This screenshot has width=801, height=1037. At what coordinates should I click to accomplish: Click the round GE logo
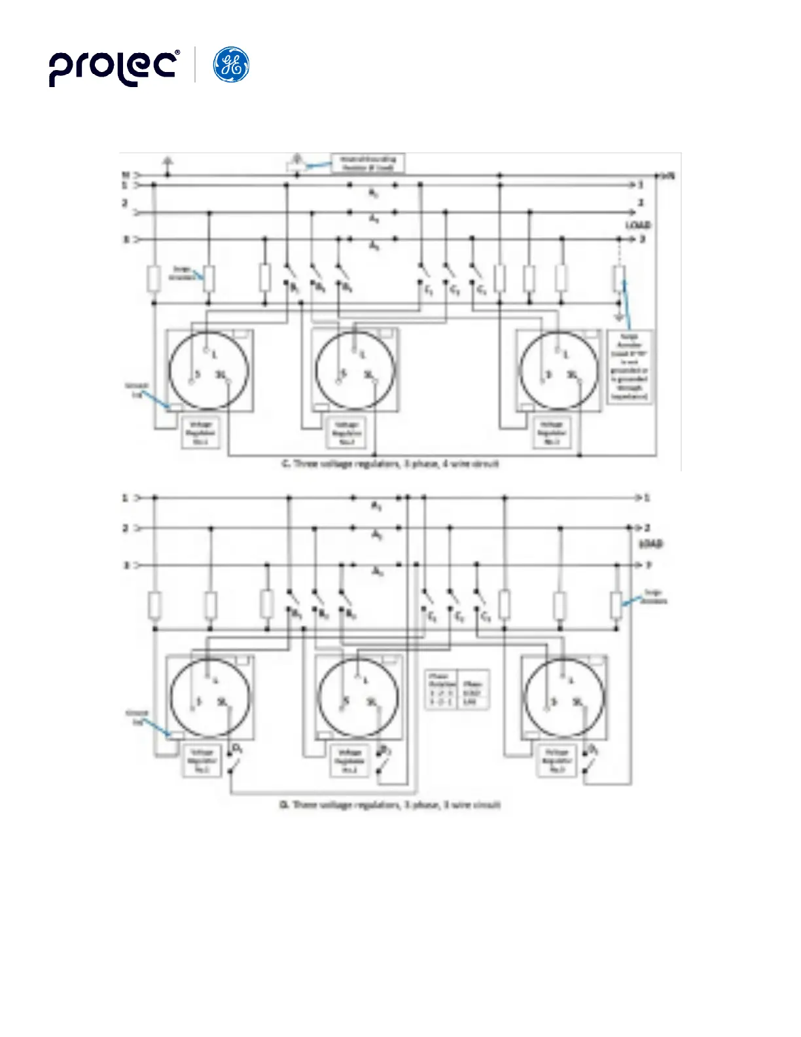coord(232,65)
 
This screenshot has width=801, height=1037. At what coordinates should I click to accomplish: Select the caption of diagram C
coord(390,464)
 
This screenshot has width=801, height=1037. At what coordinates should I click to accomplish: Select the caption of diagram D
coord(390,804)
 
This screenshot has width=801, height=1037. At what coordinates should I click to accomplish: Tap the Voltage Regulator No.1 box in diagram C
coord(200,433)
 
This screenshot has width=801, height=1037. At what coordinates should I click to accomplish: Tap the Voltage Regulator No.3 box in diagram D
coord(556,761)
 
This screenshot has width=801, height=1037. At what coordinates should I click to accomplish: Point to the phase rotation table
coord(457,689)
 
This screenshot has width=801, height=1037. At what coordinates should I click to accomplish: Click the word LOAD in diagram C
coord(637,225)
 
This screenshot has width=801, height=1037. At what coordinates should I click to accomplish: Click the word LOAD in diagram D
coord(650,544)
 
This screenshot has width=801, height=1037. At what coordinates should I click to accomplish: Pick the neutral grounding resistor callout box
coord(368,163)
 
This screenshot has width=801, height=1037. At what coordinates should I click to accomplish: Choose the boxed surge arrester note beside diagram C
coord(630,367)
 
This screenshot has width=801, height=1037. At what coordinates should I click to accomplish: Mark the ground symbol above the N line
coord(168,160)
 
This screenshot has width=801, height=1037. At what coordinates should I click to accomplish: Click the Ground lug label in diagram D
coord(137,718)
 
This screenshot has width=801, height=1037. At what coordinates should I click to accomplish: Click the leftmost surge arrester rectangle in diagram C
coord(153,278)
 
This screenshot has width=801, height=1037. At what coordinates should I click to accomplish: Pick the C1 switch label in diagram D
coord(433,617)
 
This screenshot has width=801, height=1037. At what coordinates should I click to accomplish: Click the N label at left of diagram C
coord(125,175)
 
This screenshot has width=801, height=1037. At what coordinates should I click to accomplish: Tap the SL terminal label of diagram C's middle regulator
coord(369,374)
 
